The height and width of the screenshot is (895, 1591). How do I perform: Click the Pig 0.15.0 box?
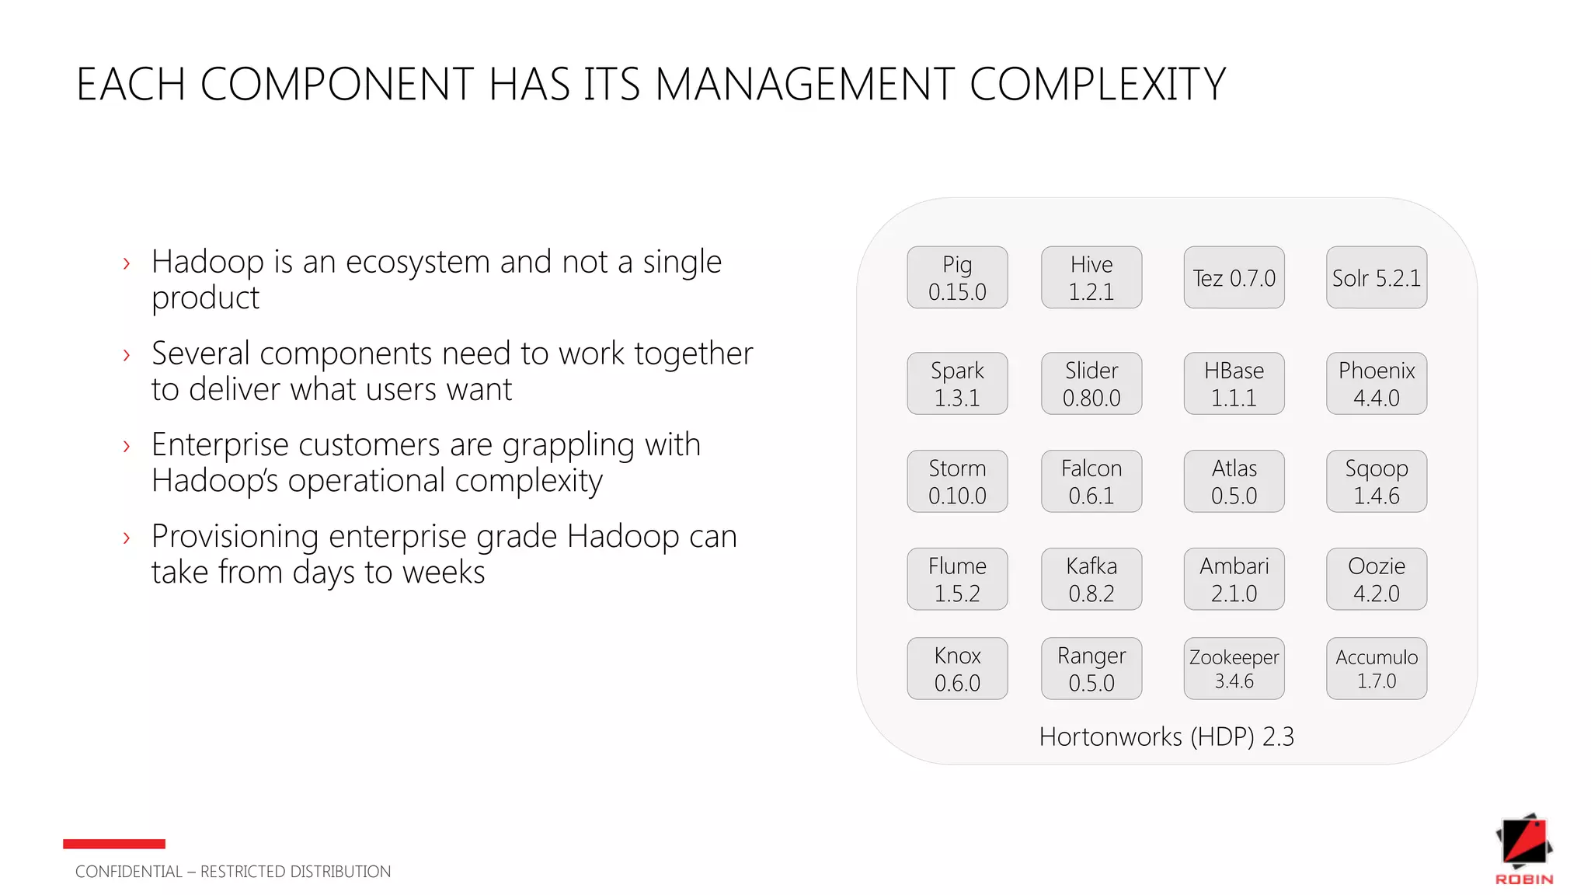tap(957, 277)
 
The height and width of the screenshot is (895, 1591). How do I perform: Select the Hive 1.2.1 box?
tap(1091, 277)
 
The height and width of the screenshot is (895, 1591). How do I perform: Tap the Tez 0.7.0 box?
tap(1234, 277)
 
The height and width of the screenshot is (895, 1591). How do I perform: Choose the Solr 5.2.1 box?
tap(1376, 277)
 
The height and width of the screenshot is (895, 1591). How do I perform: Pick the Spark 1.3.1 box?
tap(957, 383)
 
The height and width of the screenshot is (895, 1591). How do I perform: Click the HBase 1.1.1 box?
tap(1234, 383)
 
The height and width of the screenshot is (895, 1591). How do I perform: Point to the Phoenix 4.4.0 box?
tap(1376, 383)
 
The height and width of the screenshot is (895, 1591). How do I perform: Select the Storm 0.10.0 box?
tap(957, 481)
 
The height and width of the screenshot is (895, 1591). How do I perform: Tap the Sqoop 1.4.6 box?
tap(1376, 481)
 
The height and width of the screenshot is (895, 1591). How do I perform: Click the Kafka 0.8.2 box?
tap(1091, 579)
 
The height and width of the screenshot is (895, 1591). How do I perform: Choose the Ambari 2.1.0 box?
tap(1234, 579)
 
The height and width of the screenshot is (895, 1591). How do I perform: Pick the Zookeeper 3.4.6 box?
tap(1234, 668)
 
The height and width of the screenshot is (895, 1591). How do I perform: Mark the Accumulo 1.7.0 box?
tap(1376, 668)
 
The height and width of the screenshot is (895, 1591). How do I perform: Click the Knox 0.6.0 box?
tap(957, 668)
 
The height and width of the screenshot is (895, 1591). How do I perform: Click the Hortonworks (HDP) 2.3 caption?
tap(1166, 737)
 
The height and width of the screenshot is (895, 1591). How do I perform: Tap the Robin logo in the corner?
tap(1524, 848)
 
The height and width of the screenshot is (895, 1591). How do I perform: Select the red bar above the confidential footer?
tap(114, 844)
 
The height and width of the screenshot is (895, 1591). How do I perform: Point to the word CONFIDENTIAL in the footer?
tap(129, 872)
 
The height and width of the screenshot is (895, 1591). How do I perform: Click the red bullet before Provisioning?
tap(127, 538)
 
